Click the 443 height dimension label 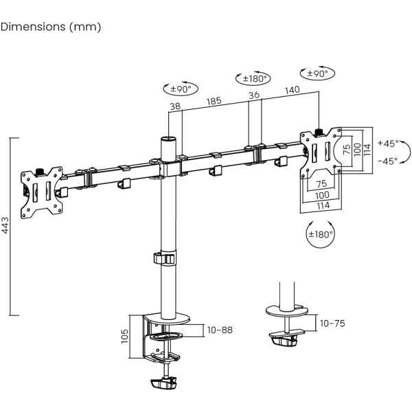(5, 225)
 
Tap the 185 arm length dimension (214, 101)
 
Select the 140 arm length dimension (293, 90)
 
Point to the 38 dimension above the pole (175, 106)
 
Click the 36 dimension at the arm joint (254, 95)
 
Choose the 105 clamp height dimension (124, 336)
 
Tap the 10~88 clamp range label (220, 330)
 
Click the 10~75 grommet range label (332, 323)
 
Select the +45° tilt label (388, 144)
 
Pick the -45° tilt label (387, 161)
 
